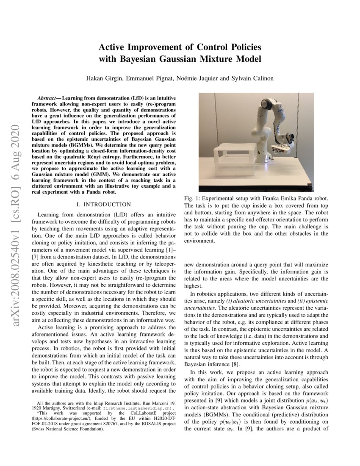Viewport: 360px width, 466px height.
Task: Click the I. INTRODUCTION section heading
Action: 104,205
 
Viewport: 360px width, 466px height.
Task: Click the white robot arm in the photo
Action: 267,123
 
